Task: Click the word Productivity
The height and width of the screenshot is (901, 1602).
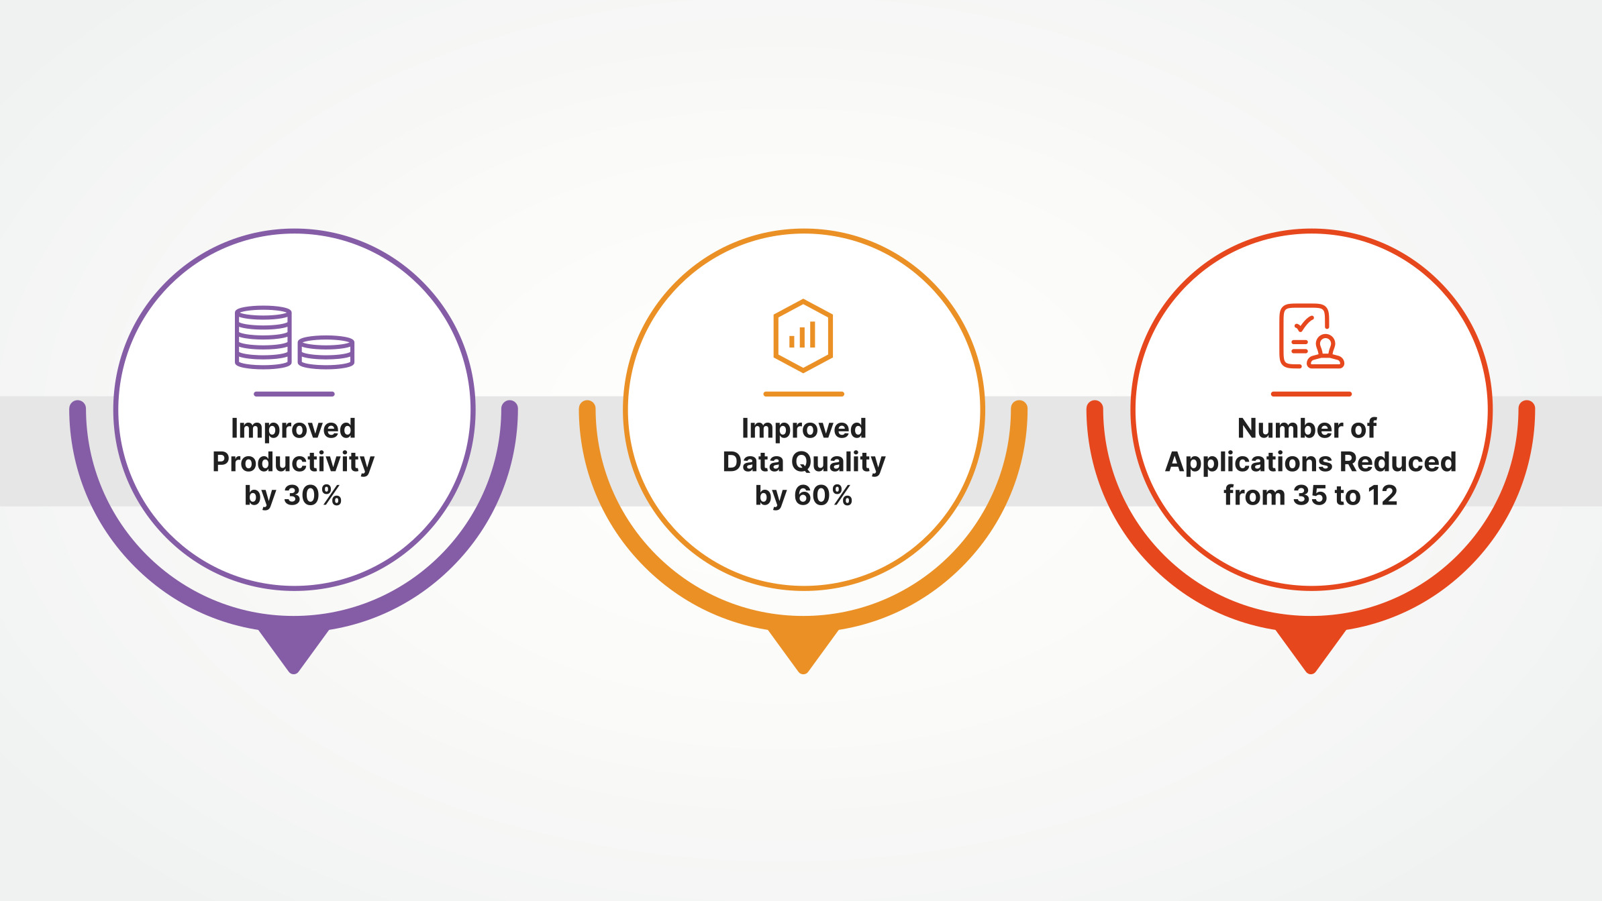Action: pos(293,463)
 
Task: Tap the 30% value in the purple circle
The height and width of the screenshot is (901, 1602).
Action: pos(313,496)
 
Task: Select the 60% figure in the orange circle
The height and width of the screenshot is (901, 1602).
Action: pos(823,496)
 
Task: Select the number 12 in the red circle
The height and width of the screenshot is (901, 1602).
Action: pos(1383,496)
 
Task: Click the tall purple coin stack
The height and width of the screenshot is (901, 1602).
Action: pos(263,337)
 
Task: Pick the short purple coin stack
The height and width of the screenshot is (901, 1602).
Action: pos(326,352)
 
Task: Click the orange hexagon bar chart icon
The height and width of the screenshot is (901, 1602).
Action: pos(803,335)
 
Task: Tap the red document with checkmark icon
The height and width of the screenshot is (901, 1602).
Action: pos(1311,336)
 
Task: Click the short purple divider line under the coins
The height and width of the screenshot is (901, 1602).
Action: pos(294,394)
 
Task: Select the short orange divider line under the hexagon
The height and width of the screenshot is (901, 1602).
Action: pos(803,394)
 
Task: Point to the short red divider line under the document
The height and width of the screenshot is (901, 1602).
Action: pos(1311,394)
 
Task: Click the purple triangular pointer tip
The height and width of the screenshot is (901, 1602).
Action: pos(294,672)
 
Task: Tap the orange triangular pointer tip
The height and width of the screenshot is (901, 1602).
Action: pos(803,672)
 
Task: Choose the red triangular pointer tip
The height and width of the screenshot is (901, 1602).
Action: pos(1311,672)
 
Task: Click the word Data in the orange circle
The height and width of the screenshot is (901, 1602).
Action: pos(753,462)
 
